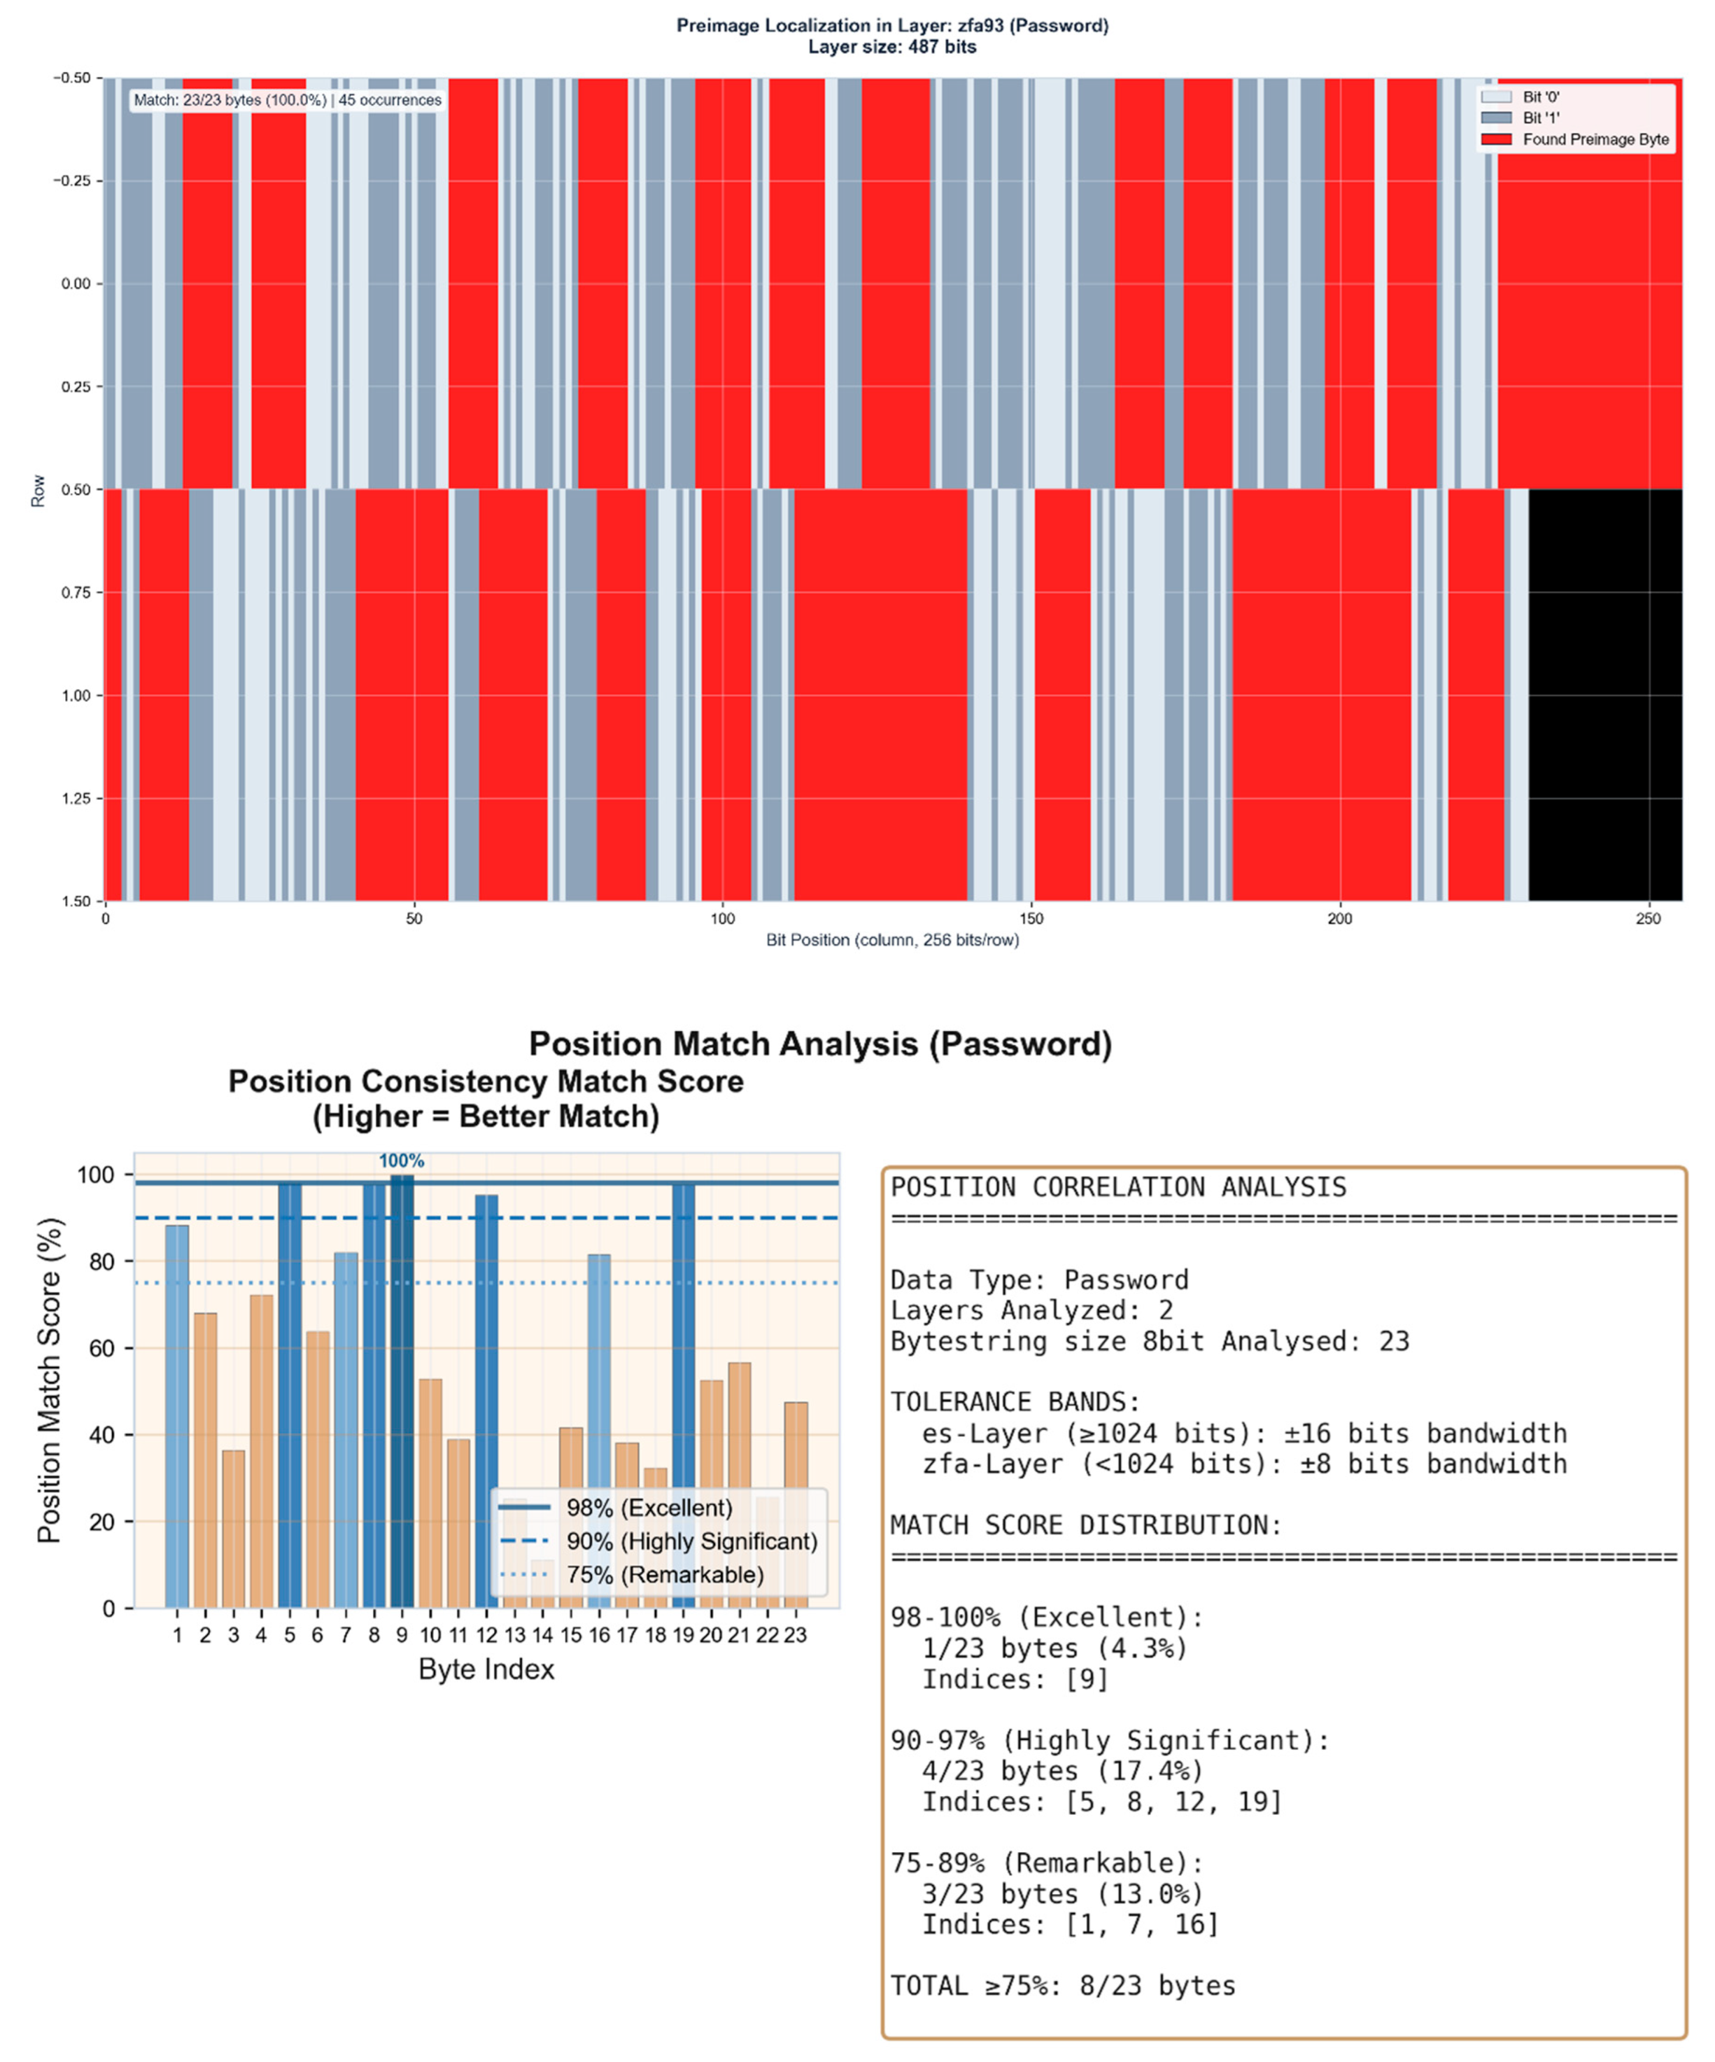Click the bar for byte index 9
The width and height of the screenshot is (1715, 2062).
click(x=402, y=1394)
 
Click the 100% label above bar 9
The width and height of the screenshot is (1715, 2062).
click(x=402, y=1160)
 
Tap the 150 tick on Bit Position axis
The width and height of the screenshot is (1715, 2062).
click(x=1031, y=919)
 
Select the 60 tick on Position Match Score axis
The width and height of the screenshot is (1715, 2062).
click(x=102, y=1348)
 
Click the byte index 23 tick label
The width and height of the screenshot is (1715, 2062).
click(x=795, y=1635)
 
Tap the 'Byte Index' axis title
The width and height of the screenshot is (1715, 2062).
click(x=486, y=1669)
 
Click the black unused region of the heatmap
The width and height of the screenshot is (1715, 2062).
click(x=1605, y=694)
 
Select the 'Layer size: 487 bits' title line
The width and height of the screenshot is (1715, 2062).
click(x=892, y=47)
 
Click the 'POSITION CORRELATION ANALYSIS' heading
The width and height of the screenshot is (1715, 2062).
click(x=1118, y=1187)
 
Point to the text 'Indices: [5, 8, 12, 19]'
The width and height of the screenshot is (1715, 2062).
click(x=1101, y=1802)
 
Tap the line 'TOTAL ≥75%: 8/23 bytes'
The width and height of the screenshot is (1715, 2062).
click(x=1062, y=1986)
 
